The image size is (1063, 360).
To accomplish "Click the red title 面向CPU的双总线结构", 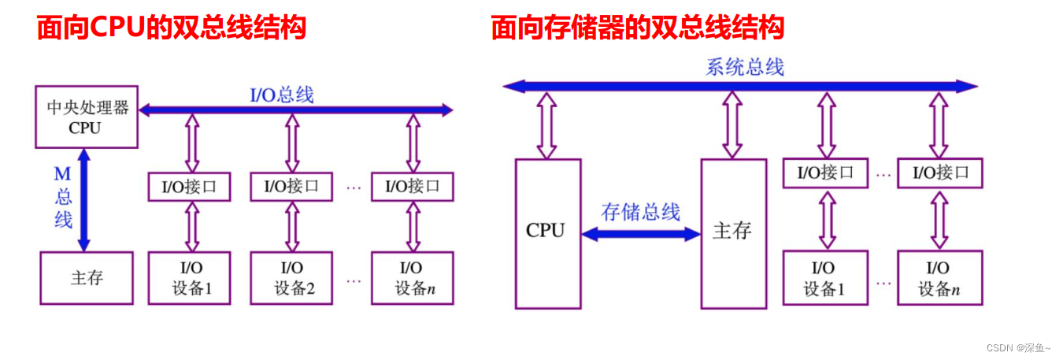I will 171,28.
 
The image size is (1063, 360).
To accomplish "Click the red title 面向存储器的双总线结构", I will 637,28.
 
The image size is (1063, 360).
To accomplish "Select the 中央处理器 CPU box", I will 87,117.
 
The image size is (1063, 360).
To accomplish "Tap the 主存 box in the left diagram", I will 87,277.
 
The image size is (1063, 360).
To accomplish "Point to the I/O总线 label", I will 282,95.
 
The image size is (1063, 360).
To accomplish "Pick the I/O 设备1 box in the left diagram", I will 189,277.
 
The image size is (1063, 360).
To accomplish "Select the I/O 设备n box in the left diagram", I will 413,277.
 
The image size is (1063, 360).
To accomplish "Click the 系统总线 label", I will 744,67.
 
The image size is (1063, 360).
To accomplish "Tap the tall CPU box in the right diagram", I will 547,233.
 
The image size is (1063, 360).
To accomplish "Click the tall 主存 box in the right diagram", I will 733,233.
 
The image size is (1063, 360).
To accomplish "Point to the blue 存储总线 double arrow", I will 640,233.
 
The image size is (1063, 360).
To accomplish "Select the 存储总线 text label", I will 640,211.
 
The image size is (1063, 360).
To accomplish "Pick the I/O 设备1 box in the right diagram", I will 824,277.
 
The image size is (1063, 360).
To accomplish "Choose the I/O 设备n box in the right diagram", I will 939,277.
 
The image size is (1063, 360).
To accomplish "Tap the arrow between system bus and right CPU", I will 546,124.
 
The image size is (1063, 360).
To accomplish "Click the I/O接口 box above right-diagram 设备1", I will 824,173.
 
